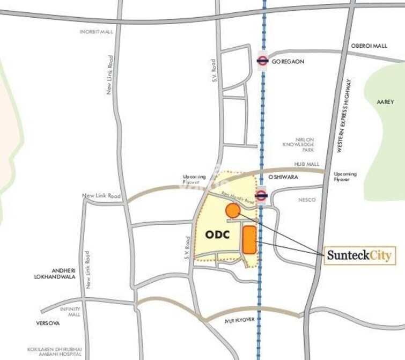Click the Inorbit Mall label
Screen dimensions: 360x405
click(97, 32)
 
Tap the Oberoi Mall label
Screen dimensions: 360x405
click(369, 46)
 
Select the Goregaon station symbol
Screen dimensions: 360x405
click(262, 61)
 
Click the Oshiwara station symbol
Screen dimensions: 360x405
click(261, 195)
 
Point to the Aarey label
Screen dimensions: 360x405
click(385, 101)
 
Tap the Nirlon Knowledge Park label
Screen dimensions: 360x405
click(304, 144)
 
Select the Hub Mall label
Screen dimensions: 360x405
click(307, 164)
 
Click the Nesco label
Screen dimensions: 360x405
click(307, 200)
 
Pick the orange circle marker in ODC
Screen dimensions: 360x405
click(232, 211)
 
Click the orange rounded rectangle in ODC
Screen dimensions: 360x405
click(249, 240)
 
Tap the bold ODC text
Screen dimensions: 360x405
click(217, 235)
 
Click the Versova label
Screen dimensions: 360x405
click(48, 324)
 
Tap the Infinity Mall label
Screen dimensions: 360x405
click(70, 312)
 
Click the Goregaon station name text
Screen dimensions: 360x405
click(288, 62)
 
